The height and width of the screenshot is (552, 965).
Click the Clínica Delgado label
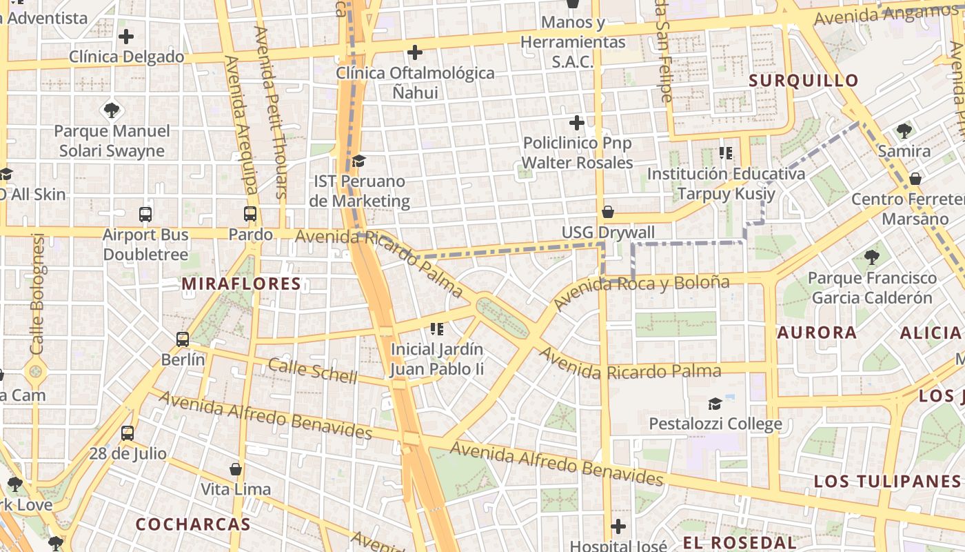tap(127, 57)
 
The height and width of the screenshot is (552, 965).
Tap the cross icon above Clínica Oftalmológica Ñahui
tap(415, 52)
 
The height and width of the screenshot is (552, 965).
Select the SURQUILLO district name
tap(804, 80)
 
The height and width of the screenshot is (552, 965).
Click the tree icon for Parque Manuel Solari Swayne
tap(112, 110)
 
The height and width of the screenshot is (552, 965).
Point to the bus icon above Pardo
tap(250, 214)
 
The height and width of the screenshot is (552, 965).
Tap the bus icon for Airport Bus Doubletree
tap(145, 214)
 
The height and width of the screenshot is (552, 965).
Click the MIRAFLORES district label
tap(241, 284)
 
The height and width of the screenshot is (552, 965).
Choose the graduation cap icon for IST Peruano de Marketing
tap(358, 161)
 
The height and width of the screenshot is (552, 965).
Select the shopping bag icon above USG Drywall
tap(608, 212)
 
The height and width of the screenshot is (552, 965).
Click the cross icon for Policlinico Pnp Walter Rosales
tap(577, 123)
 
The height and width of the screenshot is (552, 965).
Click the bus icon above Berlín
tap(183, 339)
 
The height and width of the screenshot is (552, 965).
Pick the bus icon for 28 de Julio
tap(128, 433)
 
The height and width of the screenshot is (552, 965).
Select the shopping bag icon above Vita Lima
tap(236, 469)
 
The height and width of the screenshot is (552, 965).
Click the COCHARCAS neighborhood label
tap(193, 524)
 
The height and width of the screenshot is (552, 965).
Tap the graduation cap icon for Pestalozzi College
tap(715, 403)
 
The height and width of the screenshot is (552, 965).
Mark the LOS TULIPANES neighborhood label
tap(886, 481)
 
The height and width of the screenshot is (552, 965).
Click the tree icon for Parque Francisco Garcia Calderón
tap(872, 257)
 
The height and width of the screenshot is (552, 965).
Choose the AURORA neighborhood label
tap(817, 333)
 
